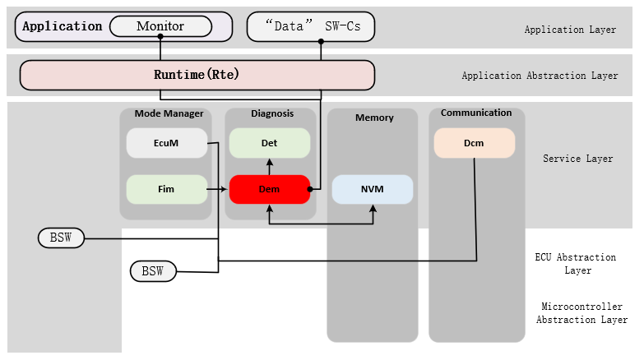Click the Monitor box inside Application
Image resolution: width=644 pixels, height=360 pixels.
tap(160, 26)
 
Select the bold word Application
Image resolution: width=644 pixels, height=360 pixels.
tap(63, 26)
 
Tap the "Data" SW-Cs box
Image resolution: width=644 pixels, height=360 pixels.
tap(310, 26)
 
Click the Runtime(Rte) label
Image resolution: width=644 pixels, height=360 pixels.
tap(197, 75)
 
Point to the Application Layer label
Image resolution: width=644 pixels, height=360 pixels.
tap(570, 30)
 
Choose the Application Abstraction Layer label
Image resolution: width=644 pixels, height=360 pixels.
tap(540, 76)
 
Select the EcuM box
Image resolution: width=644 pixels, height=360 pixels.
tap(166, 143)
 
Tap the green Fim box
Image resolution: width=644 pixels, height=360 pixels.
tap(166, 189)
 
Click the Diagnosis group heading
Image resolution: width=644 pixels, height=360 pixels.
tap(271, 114)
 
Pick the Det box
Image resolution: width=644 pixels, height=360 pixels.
tap(269, 143)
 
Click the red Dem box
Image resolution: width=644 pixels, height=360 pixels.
tap(269, 189)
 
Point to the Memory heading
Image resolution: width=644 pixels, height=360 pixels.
tap(374, 118)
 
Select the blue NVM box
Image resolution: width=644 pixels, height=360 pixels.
tap(372, 189)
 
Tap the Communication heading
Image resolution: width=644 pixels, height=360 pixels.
tap(476, 113)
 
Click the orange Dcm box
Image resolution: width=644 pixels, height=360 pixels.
tap(474, 143)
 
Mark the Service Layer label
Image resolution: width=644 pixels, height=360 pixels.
tap(577, 159)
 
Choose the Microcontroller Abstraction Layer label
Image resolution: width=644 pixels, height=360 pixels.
tap(581, 313)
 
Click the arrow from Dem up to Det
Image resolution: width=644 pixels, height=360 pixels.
tap(269, 166)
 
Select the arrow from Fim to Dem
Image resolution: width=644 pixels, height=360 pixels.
tap(218, 189)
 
